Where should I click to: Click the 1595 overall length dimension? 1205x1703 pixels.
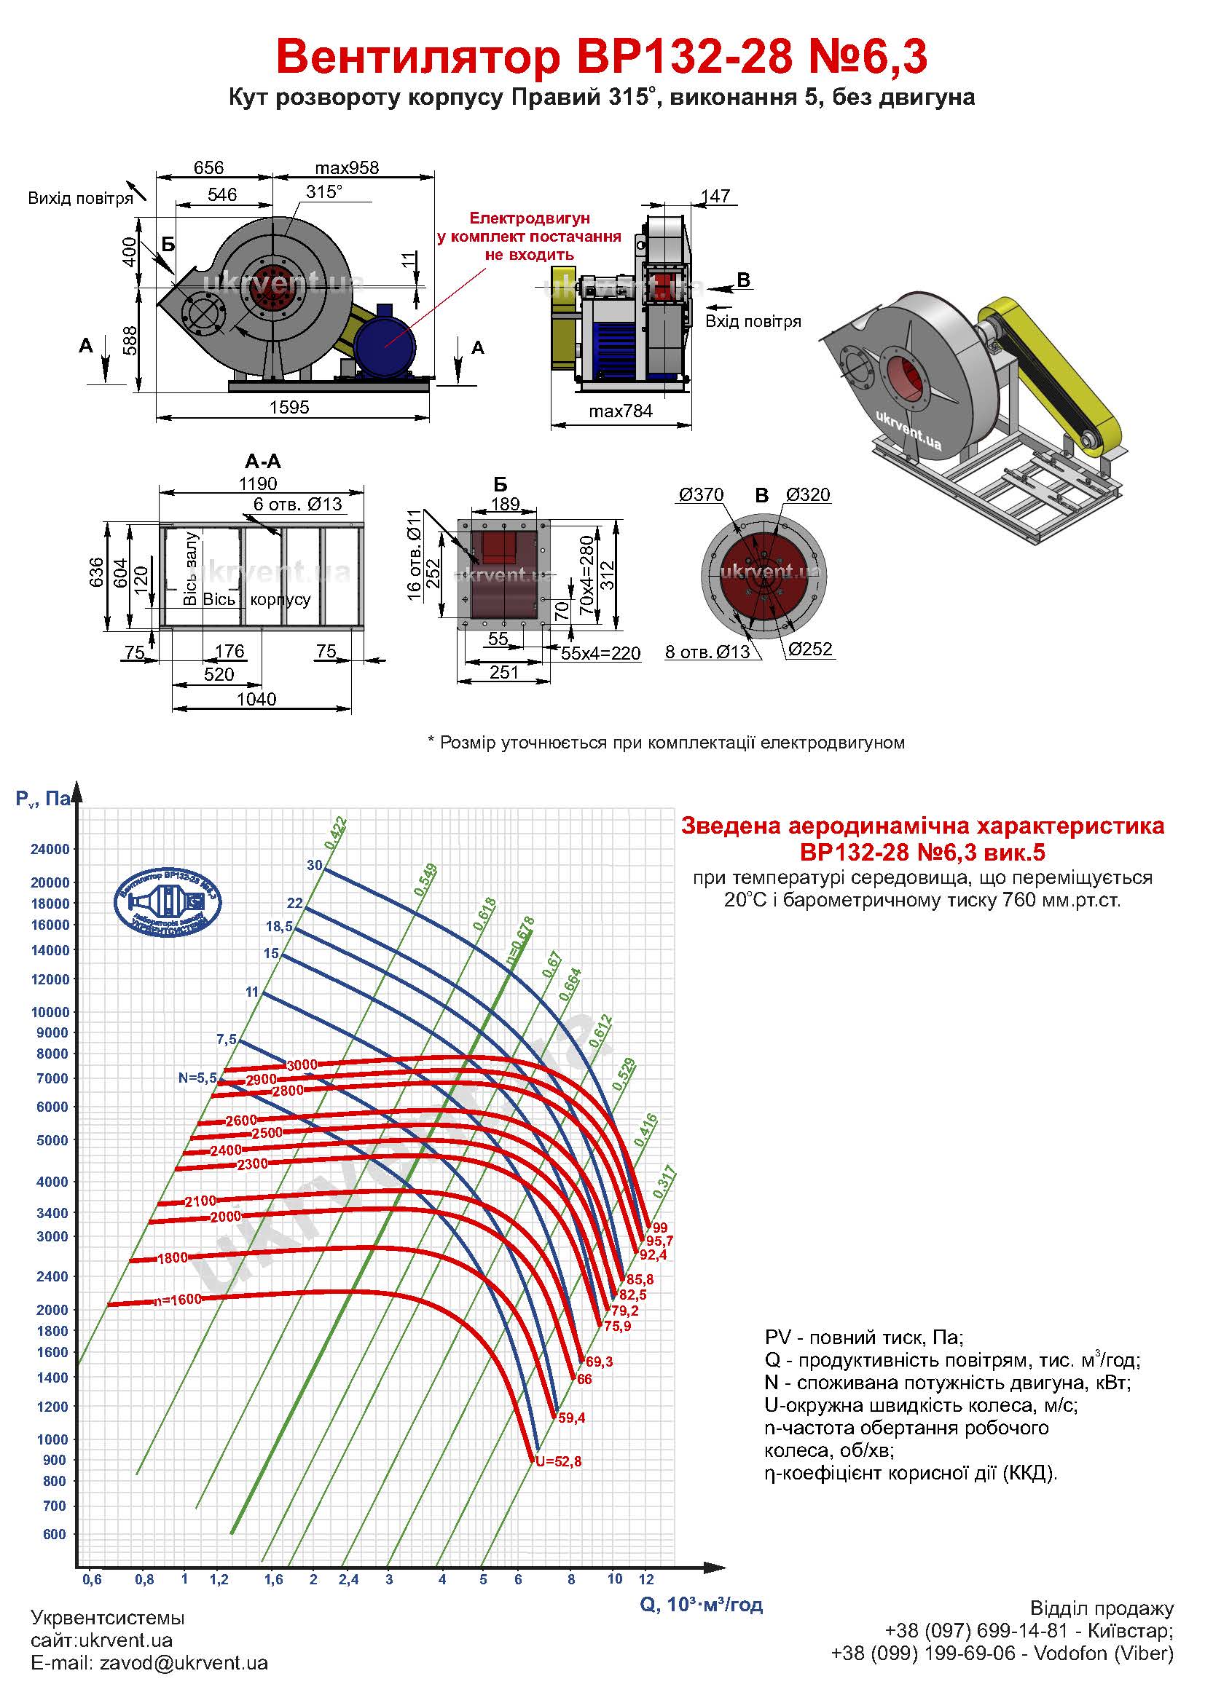click(289, 407)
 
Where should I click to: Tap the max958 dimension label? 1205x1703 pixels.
click(347, 167)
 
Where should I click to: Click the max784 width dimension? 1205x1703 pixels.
click(620, 411)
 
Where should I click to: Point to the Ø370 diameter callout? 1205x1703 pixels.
click(701, 494)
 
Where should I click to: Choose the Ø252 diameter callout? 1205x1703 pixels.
click(810, 649)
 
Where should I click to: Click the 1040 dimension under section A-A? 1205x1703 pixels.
click(256, 699)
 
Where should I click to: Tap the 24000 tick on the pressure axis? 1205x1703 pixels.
click(50, 849)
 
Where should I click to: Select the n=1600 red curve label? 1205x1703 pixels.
click(177, 1300)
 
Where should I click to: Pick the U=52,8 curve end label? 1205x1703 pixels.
click(559, 1462)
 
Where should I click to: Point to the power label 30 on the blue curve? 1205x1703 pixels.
click(315, 866)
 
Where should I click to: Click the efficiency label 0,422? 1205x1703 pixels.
click(335, 832)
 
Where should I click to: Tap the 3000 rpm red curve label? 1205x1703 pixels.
click(302, 1065)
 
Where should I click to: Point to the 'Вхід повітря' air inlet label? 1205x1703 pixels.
click(753, 321)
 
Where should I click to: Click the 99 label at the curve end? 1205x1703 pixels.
click(659, 1228)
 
